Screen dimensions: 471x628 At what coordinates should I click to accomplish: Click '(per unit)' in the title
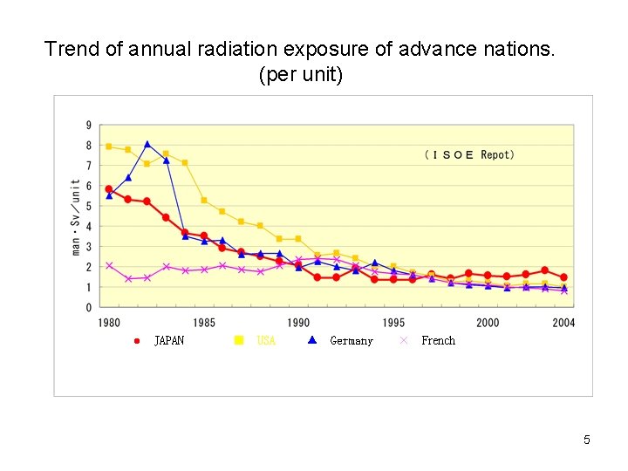tap(301, 75)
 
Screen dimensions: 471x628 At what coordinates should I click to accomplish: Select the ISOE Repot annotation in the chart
tap(469, 154)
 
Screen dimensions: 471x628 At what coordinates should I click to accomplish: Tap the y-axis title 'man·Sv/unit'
tap(77, 217)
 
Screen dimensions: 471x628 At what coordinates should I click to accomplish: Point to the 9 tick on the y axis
tap(88, 124)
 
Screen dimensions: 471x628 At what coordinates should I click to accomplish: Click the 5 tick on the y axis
tap(88, 206)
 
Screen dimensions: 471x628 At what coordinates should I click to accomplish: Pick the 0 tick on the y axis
tap(88, 308)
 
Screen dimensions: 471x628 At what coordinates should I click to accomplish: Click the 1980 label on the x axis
tap(109, 323)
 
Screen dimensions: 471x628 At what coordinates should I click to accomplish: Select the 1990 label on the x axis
tap(298, 323)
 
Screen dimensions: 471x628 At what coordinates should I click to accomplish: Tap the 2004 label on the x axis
tap(563, 323)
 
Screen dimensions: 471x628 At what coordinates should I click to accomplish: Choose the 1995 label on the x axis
tap(392, 323)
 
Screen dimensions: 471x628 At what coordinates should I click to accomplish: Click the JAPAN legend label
tap(169, 341)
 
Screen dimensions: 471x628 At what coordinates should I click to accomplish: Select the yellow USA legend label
tap(266, 341)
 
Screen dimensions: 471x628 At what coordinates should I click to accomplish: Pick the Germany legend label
tap(352, 341)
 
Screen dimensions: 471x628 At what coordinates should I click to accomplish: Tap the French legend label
tap(438, 341)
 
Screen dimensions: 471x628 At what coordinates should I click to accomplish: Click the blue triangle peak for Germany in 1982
tap(147, 144)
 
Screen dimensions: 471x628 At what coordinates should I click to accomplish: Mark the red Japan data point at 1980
tap(109, 189)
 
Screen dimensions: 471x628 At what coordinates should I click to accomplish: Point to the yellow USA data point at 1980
tap(109, 147)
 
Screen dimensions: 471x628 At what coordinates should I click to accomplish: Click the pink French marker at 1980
tap(109, 265)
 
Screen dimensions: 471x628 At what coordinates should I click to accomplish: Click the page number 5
tap(587, 440)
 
